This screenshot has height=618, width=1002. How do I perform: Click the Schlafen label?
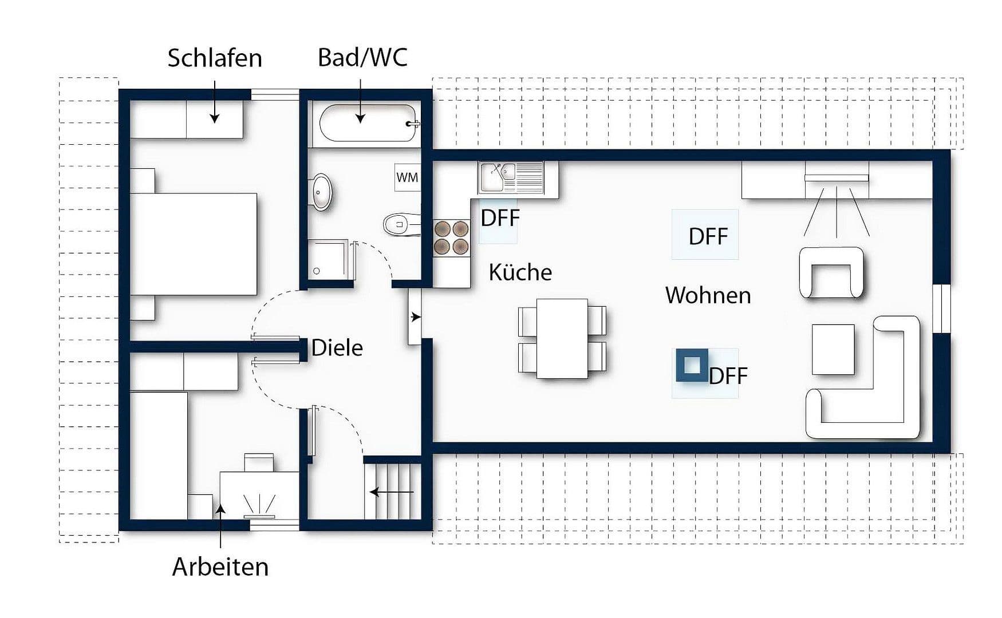coord(215,58)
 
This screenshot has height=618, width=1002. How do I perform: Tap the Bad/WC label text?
coord(362,58)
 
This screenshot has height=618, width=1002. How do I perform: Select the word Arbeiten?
coord(220,567)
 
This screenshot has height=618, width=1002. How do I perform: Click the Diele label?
coord(337,348)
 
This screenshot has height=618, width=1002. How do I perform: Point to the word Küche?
coord(520,272)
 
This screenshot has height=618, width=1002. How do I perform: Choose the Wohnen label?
coord(708,295)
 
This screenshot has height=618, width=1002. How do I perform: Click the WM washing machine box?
coord(407,177)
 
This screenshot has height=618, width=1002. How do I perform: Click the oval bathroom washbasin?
coord(321,192)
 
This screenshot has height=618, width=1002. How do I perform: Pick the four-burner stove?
coord(451,237)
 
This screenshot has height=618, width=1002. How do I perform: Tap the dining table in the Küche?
coord(562,338)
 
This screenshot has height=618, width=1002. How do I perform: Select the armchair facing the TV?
coord(831,273)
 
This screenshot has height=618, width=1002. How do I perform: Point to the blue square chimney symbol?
coord(692,365)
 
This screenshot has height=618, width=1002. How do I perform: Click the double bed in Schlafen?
coord(194,244)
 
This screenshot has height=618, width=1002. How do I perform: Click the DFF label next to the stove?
coord(500,218)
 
